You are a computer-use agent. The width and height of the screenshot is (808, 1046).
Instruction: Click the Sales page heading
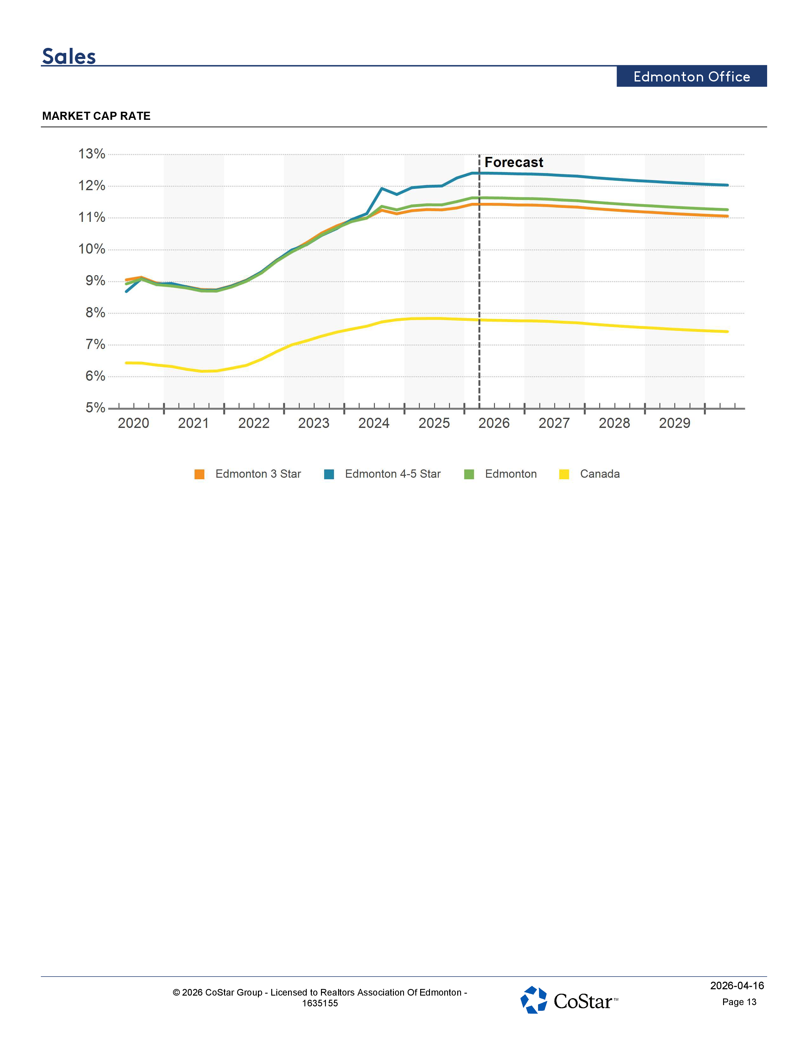tap(69, 56)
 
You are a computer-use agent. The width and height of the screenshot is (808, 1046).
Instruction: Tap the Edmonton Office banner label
tap(692, 77)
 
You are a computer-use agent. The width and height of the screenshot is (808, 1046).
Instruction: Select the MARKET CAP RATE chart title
tap(96, 116)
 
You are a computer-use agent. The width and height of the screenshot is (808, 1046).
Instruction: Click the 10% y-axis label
tap(92, 249)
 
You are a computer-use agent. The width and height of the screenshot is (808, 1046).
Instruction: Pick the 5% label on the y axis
tap(95, 408)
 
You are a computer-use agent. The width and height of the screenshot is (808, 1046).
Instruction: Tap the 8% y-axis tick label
tap(95, 313)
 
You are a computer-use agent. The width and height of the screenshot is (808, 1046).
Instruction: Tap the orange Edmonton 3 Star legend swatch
tap(200, 474)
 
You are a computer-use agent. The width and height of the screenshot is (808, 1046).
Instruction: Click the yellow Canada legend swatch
tap(564, 474)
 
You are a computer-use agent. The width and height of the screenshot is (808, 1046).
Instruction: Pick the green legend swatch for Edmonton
tap(469, 474)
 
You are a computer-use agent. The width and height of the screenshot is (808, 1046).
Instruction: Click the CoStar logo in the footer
tap(569, 1000)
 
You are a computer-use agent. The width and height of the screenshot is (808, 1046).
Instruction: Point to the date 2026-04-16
tap(737, 986)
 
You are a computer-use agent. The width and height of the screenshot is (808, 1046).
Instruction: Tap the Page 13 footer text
tap(739, 1002)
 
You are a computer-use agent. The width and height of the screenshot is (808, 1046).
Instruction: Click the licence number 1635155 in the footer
tap(320, 1004)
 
